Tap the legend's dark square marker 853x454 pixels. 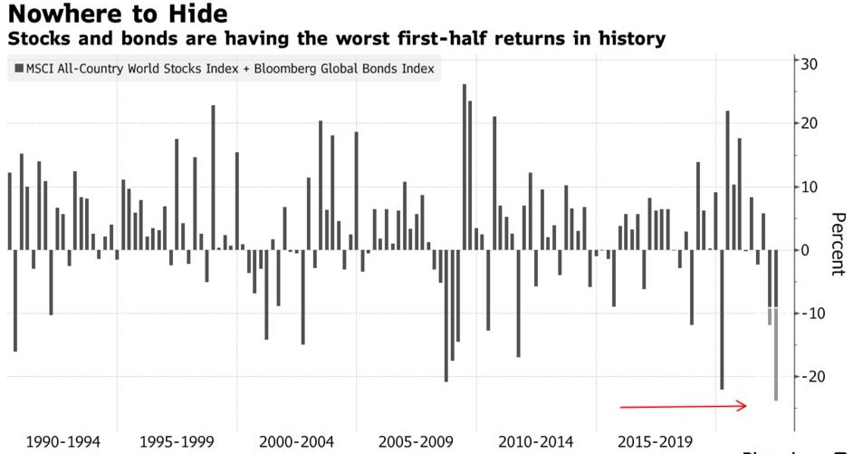(x=17, y=68)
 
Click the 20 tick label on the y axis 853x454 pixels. (x=809, y=123)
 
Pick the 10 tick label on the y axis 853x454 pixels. (x=809, y=187)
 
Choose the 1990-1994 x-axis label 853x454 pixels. (x=63, y=442)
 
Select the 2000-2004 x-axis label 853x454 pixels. (x=296, y=442)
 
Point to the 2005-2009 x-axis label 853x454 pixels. (x=416, y=442)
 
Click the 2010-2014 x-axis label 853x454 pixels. (x=535, y=442)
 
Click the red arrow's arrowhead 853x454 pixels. (x=743, y=406)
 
